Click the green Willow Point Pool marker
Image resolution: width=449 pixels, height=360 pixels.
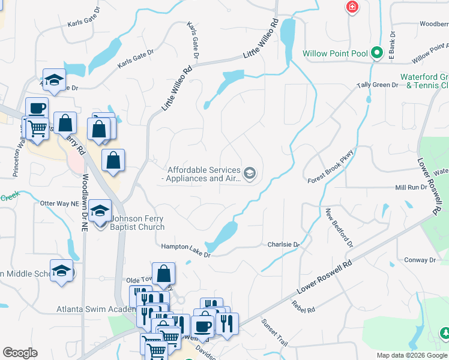coord(377,53)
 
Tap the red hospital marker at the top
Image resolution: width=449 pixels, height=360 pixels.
coord(352,7)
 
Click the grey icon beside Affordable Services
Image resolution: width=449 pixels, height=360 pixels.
coord(250,174)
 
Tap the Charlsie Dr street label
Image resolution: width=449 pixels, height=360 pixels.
coord(283,245)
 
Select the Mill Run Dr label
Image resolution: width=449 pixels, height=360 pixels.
coord(411,188)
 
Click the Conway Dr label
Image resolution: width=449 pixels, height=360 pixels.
coord(420,260)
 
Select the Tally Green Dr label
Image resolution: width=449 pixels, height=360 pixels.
coord(378,85)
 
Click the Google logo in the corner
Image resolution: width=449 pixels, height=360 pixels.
coord(20,352)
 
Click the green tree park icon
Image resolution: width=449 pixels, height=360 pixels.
coord(445,332)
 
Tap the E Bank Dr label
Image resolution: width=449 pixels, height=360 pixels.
coord(393,46)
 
